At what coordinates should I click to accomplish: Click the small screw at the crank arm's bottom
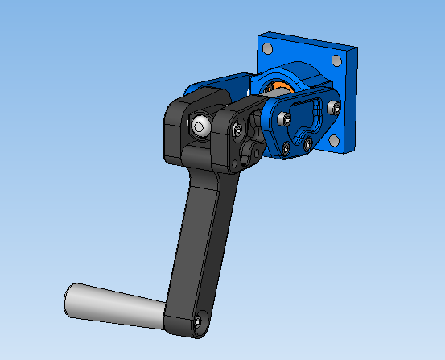(x=198, y=322)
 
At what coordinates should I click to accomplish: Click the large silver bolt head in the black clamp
(x=200, y=126)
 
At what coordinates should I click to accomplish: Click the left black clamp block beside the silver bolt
(x=179, y=129)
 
